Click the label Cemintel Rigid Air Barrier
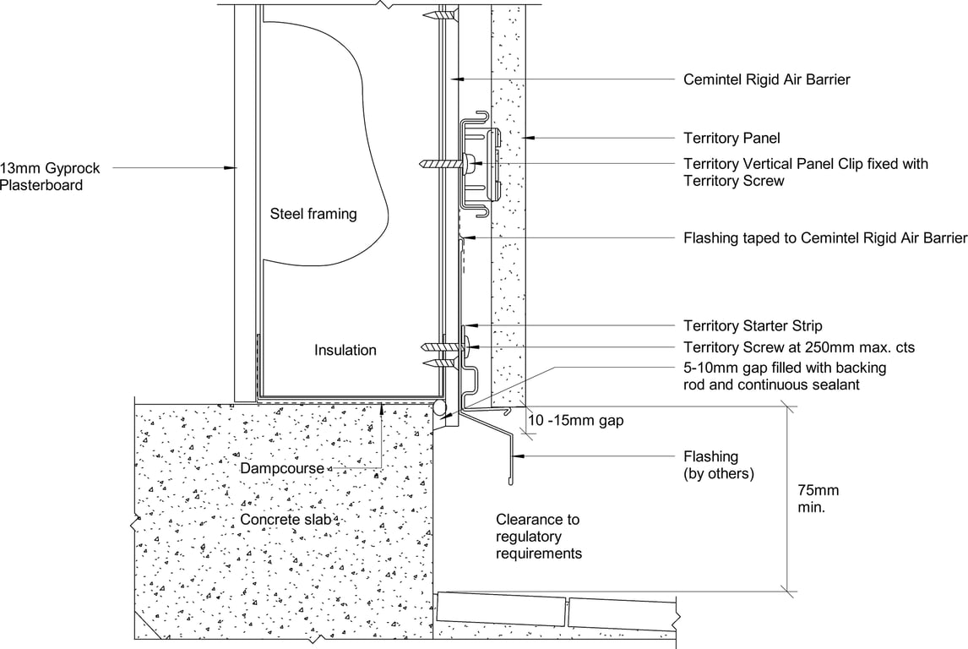(x=766, y=79)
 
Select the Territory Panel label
(x=731, y=137)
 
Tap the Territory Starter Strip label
(x=752, y=325)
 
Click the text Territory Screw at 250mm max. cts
(x=798, y=347)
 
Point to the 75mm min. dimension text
(x=818, y=499)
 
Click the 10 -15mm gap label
(x=575, y=420)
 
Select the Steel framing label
(x=313, y=214)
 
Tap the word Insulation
(x=345, y=350)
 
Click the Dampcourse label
(x=282, y=467)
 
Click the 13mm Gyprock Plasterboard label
(x=41, y=177)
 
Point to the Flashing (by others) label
(x=718, y=466)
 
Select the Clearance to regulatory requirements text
(x=538, y=537)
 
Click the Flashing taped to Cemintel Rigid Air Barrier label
(x=824, y=238)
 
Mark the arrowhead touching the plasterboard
(x=231, y=168)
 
